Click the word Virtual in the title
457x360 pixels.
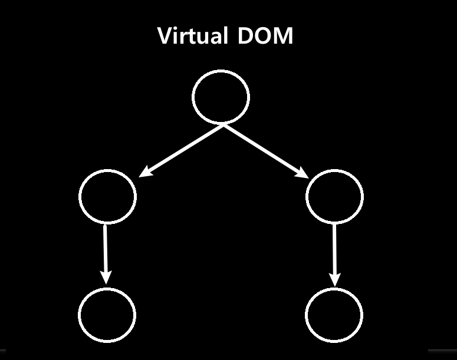tap(193, 36)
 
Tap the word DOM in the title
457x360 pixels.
tap(266, 36)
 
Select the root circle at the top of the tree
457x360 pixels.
tap(221, 97)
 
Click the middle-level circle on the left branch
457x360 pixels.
tap(107, 196)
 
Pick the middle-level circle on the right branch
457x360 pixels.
tap(334, 196)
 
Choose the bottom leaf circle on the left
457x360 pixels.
tap(107, 314)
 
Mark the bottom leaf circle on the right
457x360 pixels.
tap(334, 314)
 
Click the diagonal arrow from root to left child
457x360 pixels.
tap(182, 150)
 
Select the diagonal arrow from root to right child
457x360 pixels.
tap(265, 150)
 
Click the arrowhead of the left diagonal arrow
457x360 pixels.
tap(145, 172)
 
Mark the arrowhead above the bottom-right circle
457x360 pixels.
tap(334, 279)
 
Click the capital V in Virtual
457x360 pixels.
tap(166, 36)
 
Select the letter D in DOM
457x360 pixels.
tap(246, 36)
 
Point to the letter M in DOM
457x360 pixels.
tap(284, 36)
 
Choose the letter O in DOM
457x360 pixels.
tap(264, 36)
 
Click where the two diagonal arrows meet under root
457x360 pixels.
tap(223, 125)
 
